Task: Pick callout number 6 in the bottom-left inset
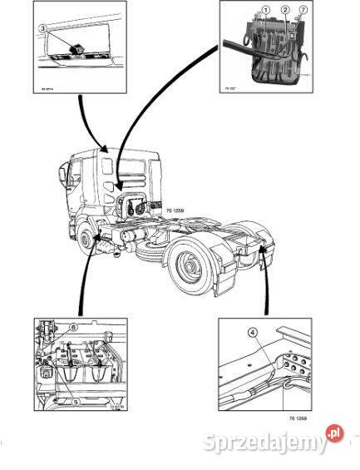click(73, 328)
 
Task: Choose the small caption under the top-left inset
click(37, 87)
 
